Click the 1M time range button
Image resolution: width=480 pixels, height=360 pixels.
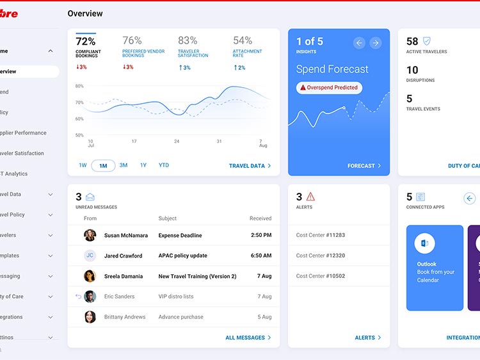(103, 166)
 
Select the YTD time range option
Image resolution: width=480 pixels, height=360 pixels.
(164, 165)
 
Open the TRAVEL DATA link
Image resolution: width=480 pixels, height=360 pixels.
(250, 166)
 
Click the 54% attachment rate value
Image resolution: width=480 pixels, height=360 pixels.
(243, 40)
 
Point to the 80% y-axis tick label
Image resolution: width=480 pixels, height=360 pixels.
(79, 86)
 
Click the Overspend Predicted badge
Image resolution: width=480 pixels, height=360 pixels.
(329, 88)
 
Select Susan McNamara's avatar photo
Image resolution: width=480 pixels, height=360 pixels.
(90, 235)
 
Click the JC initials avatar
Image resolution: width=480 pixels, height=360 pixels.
(90, 256)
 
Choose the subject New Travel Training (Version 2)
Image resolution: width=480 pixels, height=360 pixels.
(197, 276)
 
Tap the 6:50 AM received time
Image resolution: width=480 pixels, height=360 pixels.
(260, 256)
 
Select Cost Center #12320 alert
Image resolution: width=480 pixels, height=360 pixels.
(321, 256)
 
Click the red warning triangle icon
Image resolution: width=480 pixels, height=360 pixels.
(311, 197)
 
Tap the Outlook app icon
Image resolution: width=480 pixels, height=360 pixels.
(424, 243)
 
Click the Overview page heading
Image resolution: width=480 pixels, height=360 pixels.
(85, 13)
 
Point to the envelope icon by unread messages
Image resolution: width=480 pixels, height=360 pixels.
(90, 197)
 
